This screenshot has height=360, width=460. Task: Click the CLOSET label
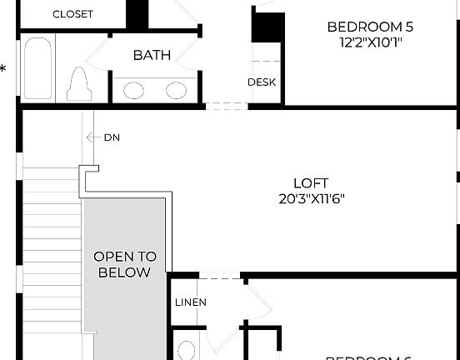(73, 14)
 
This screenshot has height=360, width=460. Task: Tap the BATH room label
(152, 55)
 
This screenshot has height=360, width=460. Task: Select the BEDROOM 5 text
(370, 27)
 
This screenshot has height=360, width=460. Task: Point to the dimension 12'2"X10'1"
(370, 43)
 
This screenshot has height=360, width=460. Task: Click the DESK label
(262, 82)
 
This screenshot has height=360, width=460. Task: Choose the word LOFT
(311, 182)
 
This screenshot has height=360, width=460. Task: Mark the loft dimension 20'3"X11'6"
(311, 199)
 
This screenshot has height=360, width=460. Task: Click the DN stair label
(112, 137)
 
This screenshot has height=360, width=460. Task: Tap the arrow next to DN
(90, 137)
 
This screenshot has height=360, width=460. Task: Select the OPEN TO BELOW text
(125, 264)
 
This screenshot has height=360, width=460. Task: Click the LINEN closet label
(191, 302)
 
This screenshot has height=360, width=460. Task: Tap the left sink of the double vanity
(133, 90)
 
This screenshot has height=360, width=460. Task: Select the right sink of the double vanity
(176, 90)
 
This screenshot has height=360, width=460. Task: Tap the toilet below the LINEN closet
(187, 349)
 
